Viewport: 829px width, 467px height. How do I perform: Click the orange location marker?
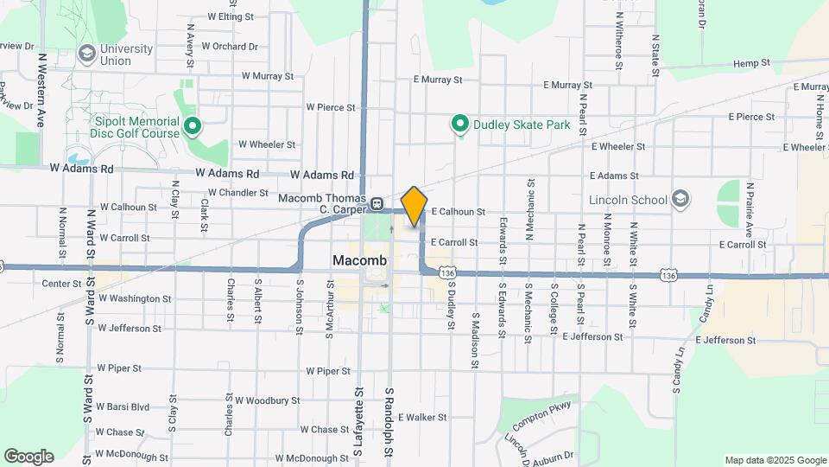tap(414, 206)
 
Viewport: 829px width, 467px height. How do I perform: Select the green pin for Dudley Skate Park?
tap(460, 125)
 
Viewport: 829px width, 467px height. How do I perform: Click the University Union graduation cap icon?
tap(85, 54)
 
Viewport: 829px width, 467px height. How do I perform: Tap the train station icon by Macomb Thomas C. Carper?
tap(377, 205)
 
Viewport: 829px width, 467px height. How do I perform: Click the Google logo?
tap(28, 457)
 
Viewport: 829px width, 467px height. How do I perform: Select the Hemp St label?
tap(750, 63)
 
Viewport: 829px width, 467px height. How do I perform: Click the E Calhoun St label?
tap(459, 211)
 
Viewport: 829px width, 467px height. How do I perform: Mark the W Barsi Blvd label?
tap(123, 406)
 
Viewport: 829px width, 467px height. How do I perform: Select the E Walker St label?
tap(421, 417)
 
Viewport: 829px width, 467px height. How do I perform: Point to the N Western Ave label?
tap(41, 91)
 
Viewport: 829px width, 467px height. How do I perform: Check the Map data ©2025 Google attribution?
tap(774, 460)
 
